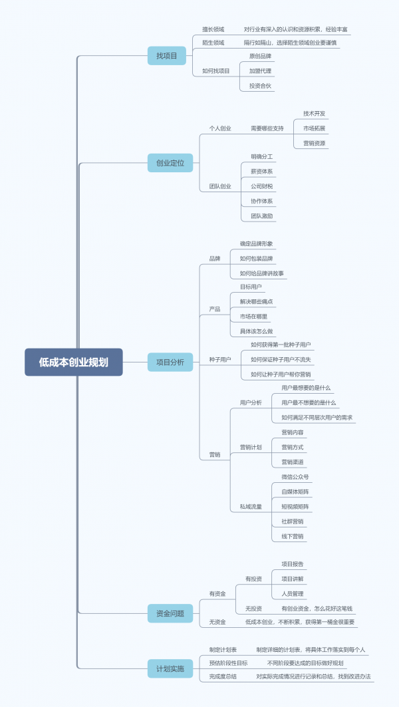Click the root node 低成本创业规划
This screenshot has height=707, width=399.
tap(74, 362)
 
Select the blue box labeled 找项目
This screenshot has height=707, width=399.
tap(166, 56)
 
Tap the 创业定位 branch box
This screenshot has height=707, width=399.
tap(170, 162)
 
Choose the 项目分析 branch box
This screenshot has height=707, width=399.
tap(170, 362)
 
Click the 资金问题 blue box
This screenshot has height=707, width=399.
tap(170, 613)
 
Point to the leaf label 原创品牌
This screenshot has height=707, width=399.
tap(260, 56)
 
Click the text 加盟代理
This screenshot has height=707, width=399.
tap(260, 71)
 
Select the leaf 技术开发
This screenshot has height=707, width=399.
tap(314, 113)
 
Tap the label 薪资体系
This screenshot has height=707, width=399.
tap(261, 171)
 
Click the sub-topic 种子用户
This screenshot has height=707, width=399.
tap(220, 360)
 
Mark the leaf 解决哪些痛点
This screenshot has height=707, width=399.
tap(256, 301)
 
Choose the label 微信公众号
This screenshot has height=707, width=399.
tap(295, 477)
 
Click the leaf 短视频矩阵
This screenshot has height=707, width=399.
tap(295, 506)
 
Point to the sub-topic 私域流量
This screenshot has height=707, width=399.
tap(251, 507)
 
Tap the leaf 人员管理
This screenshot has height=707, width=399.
tap(292, 593)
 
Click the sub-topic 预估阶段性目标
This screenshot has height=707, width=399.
tap(228, 663)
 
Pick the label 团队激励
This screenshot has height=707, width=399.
tap(261, 215)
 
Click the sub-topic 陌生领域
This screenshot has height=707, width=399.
tap(213, 43)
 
